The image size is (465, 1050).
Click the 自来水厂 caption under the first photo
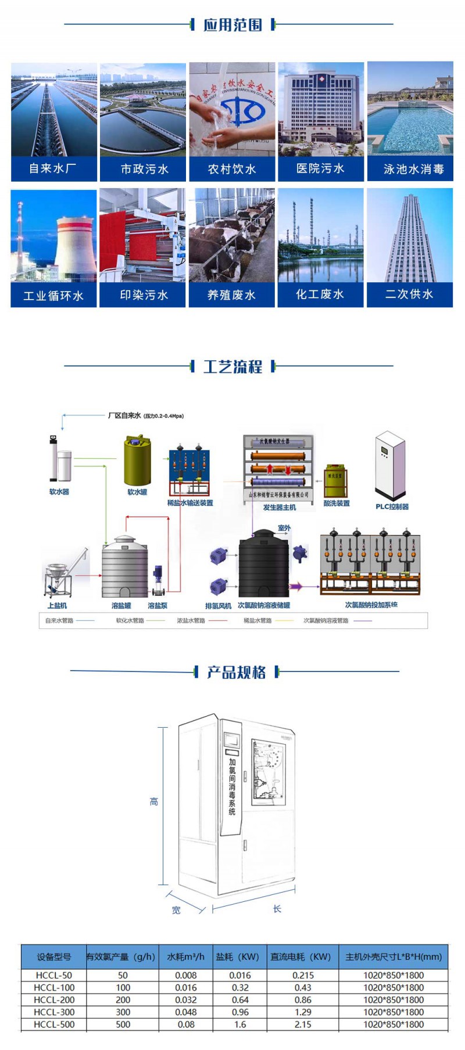(53, 169)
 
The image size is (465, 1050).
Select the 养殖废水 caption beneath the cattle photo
(231, 295)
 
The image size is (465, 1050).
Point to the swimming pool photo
(410, 109)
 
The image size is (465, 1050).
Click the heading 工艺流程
(233, 366)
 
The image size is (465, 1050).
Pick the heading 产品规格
(237, 672)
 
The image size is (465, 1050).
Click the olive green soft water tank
(137, 462)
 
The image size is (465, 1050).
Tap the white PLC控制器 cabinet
(389, 465)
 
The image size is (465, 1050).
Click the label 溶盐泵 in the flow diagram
(158, 606)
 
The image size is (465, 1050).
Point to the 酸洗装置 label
(337, 504)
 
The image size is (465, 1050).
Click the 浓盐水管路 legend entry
(191, 621)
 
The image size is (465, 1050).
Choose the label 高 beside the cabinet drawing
(154, 802)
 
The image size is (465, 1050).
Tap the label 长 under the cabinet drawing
(277, 909)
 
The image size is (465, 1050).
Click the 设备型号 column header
(53, 956)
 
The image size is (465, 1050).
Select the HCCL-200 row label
(53, 999)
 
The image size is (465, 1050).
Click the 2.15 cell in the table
(302, 1024)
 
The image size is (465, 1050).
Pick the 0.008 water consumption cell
(185, 975)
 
